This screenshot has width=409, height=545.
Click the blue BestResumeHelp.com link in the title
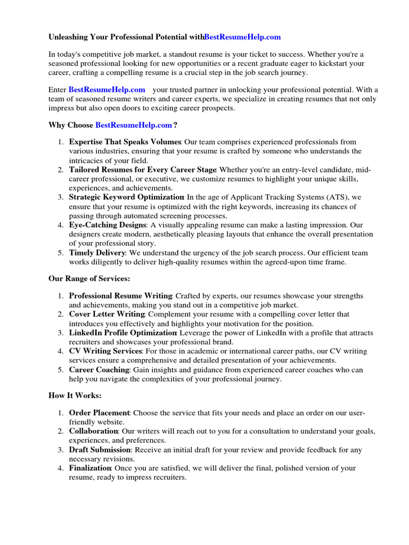point(242,37)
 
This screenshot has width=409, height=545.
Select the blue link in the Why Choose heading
point(134,125)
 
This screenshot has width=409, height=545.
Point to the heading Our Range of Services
point(89,278)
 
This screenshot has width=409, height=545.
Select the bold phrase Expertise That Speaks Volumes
point(125,142)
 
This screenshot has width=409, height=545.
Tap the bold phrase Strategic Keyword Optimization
point(126,197)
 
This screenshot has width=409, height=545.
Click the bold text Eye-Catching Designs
point(107,225)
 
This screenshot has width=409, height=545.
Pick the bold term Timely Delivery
point(97,253)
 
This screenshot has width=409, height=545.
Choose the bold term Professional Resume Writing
point(120,295)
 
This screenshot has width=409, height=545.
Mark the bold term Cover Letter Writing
point(107,314)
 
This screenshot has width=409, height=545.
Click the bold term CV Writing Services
point(105,351)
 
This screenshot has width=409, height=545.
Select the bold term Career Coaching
point(99,370)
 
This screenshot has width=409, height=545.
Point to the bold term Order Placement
point(99,412)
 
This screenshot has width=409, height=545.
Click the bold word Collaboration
point(93,431)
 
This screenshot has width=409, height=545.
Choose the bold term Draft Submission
point(100,450)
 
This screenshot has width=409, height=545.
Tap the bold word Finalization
point(90,468)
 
